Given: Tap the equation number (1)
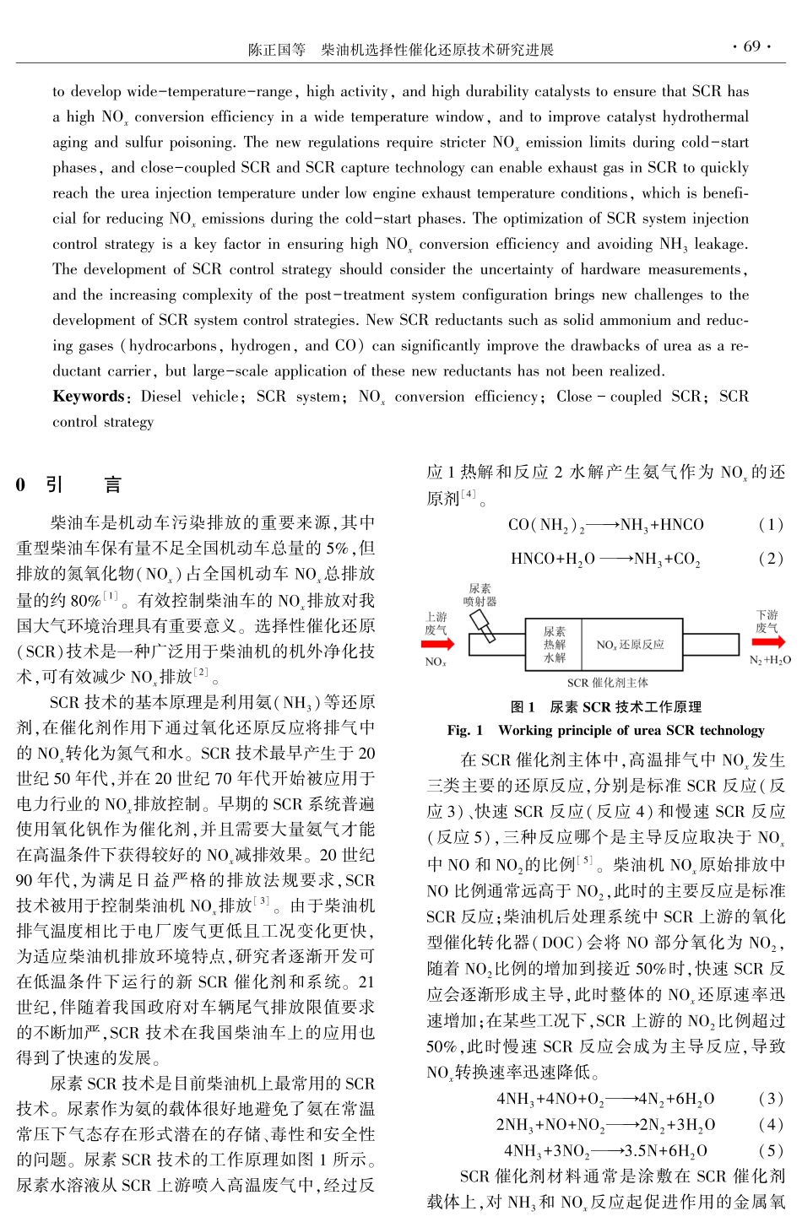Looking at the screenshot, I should tap(771, 525).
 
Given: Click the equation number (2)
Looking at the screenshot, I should tap(771, 559).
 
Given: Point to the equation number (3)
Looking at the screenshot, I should tap(771, 1099).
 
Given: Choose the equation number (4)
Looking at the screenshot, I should tap(771, 1125).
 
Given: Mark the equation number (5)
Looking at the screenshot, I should tap(771, 1150).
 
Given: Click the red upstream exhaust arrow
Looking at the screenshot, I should tap(437, 644).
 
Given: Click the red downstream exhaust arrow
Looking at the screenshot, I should tap(768, 642).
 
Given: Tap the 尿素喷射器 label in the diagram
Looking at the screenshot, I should tap(480, 595).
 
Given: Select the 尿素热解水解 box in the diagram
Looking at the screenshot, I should tap(555, 644).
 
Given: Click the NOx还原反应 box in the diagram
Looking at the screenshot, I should tap(630, 645).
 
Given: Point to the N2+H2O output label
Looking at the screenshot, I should tap(770, 661).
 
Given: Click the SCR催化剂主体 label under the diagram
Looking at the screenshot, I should tap(607, 682).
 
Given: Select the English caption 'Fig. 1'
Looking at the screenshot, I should tap(465, 730).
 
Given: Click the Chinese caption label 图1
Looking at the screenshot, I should tap(523, 707).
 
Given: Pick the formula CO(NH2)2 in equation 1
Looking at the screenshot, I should tap(546, 525).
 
